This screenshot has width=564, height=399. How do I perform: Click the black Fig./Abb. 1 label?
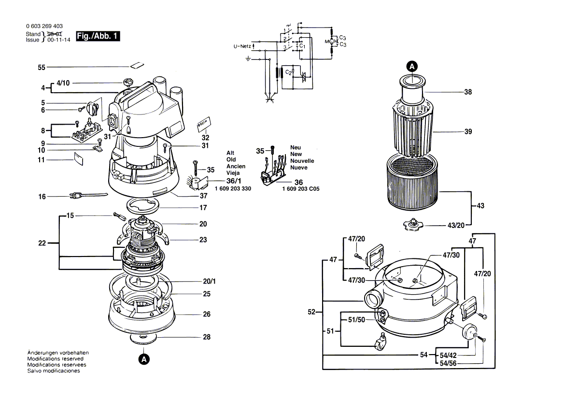click(98, 36)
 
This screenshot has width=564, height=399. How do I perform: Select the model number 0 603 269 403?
click(44, 26)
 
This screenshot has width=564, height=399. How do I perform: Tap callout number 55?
click(42, 68)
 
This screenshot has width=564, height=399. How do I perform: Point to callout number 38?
click(467, 92)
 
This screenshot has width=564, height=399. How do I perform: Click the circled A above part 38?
click(411, 66)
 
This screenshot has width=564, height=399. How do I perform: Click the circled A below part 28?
click(143, 359)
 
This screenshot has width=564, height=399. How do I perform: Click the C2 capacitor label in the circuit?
click(288, 72)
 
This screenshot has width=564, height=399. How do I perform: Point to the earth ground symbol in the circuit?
click(248, 58)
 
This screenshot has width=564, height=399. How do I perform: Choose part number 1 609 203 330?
click(233, 188)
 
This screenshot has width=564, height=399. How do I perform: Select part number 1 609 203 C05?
click(300, 189)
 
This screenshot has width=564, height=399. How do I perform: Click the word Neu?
click(296, 147)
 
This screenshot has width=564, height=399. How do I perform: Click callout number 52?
click(311, 313)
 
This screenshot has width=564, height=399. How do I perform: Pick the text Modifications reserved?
click(55, 359)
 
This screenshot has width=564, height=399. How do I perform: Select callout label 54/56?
click(448, 363)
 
